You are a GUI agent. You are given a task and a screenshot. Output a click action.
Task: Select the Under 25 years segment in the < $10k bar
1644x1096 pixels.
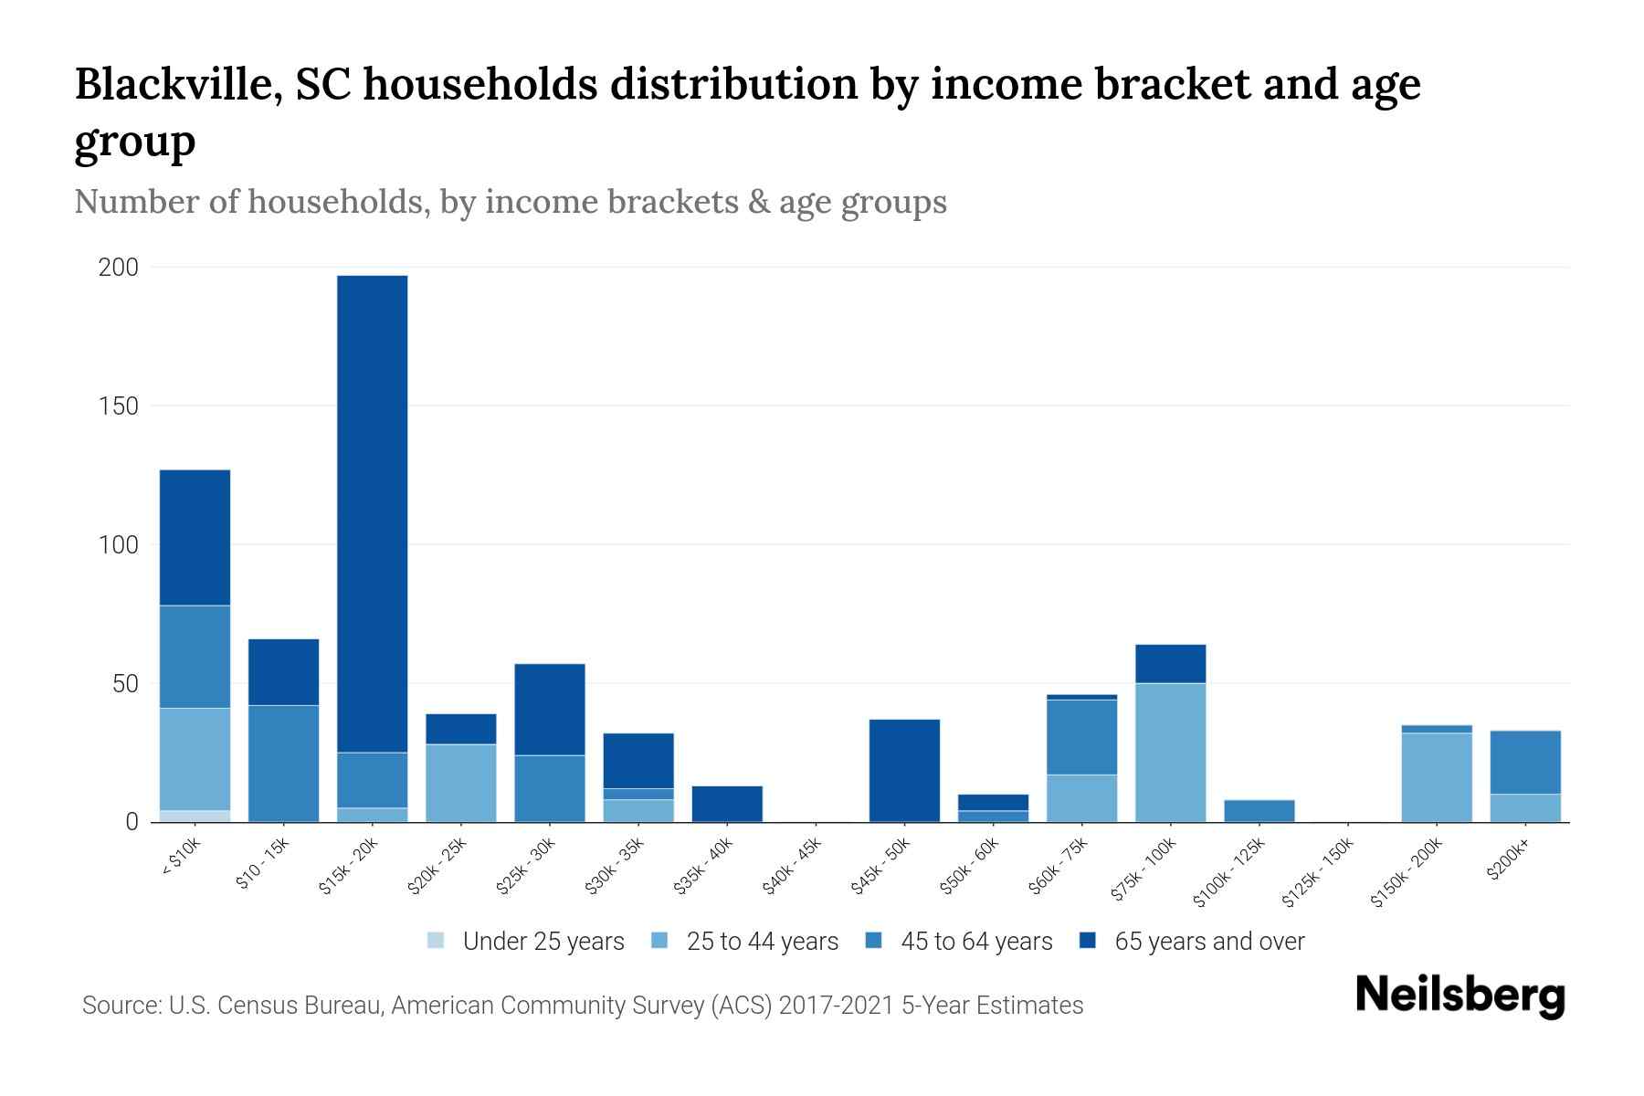[195, 816]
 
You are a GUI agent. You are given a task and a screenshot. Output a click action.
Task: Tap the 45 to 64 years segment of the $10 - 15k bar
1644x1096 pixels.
[283, 764]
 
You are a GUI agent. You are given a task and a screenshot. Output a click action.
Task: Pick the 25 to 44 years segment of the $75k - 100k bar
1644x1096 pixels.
[1170, 753]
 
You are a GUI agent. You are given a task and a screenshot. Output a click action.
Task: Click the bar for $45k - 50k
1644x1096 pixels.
[904, 771]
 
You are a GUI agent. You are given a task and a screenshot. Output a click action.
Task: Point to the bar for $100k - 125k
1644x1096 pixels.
[1259, 811]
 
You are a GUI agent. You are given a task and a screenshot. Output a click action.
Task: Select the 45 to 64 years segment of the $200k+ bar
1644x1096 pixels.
[1524, 763]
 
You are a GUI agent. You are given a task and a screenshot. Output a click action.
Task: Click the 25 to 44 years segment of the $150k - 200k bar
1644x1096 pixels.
[1436, 777]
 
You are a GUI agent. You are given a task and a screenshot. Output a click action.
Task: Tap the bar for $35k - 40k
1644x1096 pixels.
[727, 804]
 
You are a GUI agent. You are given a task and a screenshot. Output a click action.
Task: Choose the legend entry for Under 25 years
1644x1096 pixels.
[526, 942]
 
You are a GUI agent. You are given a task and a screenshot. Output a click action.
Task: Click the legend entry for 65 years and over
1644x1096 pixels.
[1192, 942]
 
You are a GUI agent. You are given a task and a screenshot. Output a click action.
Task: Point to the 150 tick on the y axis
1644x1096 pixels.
[119, 406]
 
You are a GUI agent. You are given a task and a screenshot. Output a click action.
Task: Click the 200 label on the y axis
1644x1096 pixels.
[119, 268]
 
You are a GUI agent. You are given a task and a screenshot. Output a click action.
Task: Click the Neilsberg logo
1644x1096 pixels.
[1460, 996]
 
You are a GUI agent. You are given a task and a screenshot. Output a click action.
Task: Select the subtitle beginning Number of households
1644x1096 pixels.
[511, 202]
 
